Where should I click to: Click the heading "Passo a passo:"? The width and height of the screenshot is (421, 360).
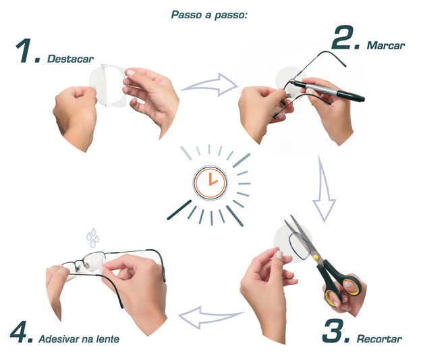point(209,15)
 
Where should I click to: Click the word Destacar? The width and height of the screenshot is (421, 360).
point(70,59)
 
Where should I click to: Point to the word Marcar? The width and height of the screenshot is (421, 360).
point(386,45)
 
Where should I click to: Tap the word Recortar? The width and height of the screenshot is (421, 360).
point(379,339)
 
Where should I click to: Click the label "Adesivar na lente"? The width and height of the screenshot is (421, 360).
point(79,339)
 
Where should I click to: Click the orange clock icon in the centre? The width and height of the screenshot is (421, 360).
point(210,182)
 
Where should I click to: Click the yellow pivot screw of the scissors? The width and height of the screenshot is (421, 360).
point(316,258)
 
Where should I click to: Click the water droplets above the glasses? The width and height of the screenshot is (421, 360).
point(92,238)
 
